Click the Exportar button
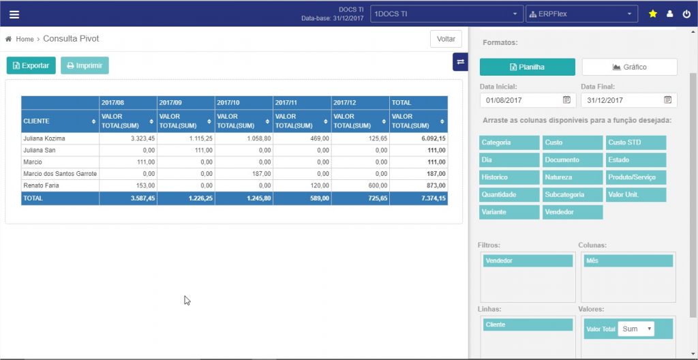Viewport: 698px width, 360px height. pos(31,65)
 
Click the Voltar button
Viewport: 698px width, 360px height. pos(446,40)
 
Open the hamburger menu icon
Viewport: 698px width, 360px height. pos(14,14)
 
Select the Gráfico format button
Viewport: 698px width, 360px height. pos(629,67)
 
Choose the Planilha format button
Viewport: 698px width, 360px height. pos(527,67)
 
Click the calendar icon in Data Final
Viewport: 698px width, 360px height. pos(668,100)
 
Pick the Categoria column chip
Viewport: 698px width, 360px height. pos(509,142)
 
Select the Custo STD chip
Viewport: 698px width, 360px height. pos(636,142)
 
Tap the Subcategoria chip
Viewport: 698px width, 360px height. pos(573,195)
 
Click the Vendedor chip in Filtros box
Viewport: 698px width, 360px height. pos(528,260)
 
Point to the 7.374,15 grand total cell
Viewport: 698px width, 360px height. pos(419,198)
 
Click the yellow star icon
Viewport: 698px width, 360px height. pos(652,14)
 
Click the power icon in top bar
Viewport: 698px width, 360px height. pos(686,14)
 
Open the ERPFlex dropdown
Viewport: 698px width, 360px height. pos(581,14)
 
